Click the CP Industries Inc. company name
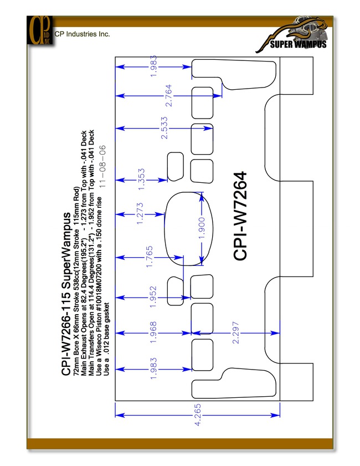click(x=82, y=34)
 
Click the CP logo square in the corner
click(x=40, y=30)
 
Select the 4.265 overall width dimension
click(x=198, y=414)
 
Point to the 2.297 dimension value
click(x=235, y=332)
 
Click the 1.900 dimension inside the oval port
click(x=202, y=228)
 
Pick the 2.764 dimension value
click(x=168, y=96)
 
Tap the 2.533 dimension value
click(x=164, y=128)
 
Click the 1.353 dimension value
click(x=141, y=180)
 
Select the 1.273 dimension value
click(x=140, y=213)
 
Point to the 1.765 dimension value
click(x=150, y=257)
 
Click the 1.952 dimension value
click(x=153, y=297)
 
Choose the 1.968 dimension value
click(x=153, y=332)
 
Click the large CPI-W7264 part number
click(x=240, y=216)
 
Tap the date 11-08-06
click(x=102, y=166)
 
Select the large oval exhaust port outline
click(x=164, y=229)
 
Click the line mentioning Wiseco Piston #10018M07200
click(x=99, y=286)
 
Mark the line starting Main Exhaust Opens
click(x=84, y=253)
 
